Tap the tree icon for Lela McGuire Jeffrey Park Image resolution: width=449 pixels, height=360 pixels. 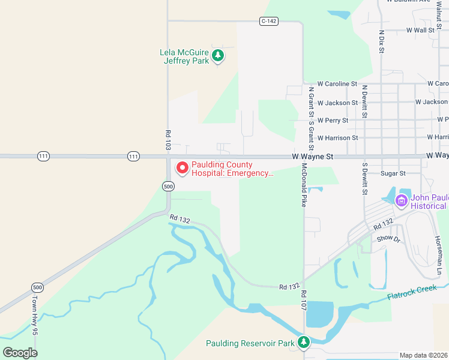[218, 56]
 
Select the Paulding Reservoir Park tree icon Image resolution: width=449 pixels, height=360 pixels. [304, 343]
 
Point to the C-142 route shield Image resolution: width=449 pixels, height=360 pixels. [268, 21]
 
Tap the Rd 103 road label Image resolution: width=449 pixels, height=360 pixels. [168, 138]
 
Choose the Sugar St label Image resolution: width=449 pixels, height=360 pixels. [394, 173]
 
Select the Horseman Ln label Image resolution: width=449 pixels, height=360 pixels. [438, 255]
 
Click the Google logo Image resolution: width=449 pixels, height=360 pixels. [20, 352]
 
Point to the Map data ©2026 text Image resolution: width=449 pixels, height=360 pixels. [423, 355]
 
